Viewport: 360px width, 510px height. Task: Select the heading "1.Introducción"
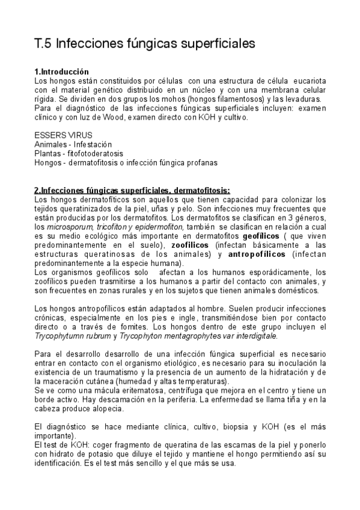62,72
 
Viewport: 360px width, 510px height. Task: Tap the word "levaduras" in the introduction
305,99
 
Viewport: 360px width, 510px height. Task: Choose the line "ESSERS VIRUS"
59,136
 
